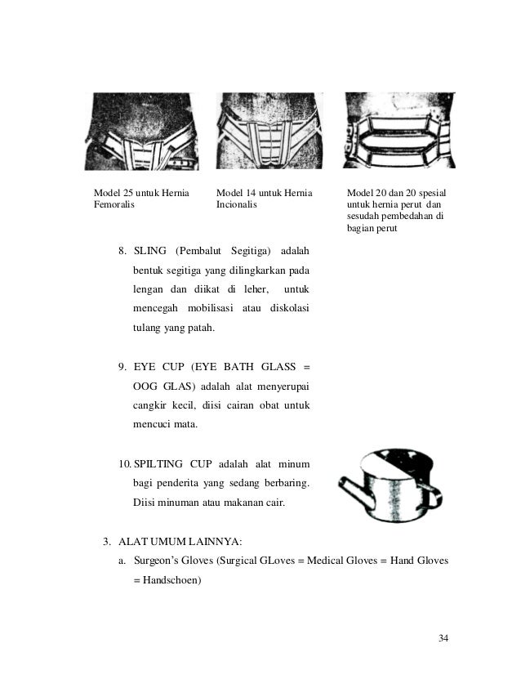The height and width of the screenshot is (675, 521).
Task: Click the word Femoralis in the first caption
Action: pos(114,205)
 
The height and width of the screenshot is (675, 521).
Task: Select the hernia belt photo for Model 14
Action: pos(269,131)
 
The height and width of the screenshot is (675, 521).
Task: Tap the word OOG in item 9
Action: pos(146,387)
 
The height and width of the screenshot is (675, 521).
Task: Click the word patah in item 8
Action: pos(200,328)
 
